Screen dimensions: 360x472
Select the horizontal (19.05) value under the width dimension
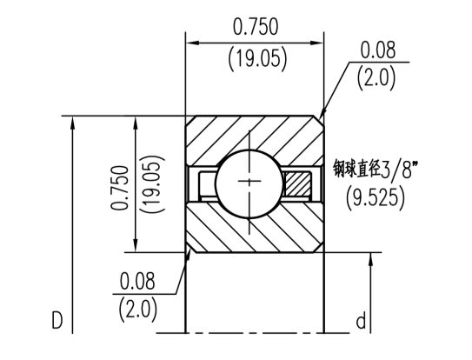tap(256, 59)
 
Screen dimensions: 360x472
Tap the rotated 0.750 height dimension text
tap(121, 183)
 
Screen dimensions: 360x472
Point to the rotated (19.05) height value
tap(153, 183)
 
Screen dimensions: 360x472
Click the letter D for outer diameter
tap(57, 321)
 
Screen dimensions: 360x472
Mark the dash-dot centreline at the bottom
tap(252, 334)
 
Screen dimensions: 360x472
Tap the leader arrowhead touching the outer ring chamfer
tap(323, 117)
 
